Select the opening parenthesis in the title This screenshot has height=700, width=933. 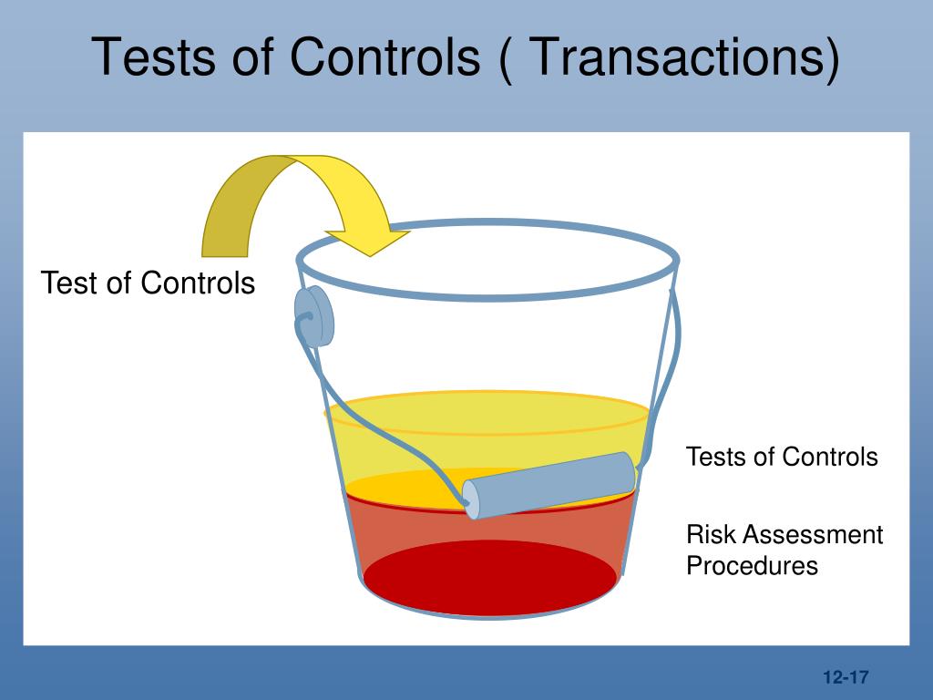point(508,58)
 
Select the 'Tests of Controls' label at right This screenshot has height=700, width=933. point(782,456)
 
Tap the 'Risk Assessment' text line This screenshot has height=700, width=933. point(784,534)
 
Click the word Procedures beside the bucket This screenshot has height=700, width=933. point(752,565)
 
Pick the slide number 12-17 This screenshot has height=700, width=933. point(845,677)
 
